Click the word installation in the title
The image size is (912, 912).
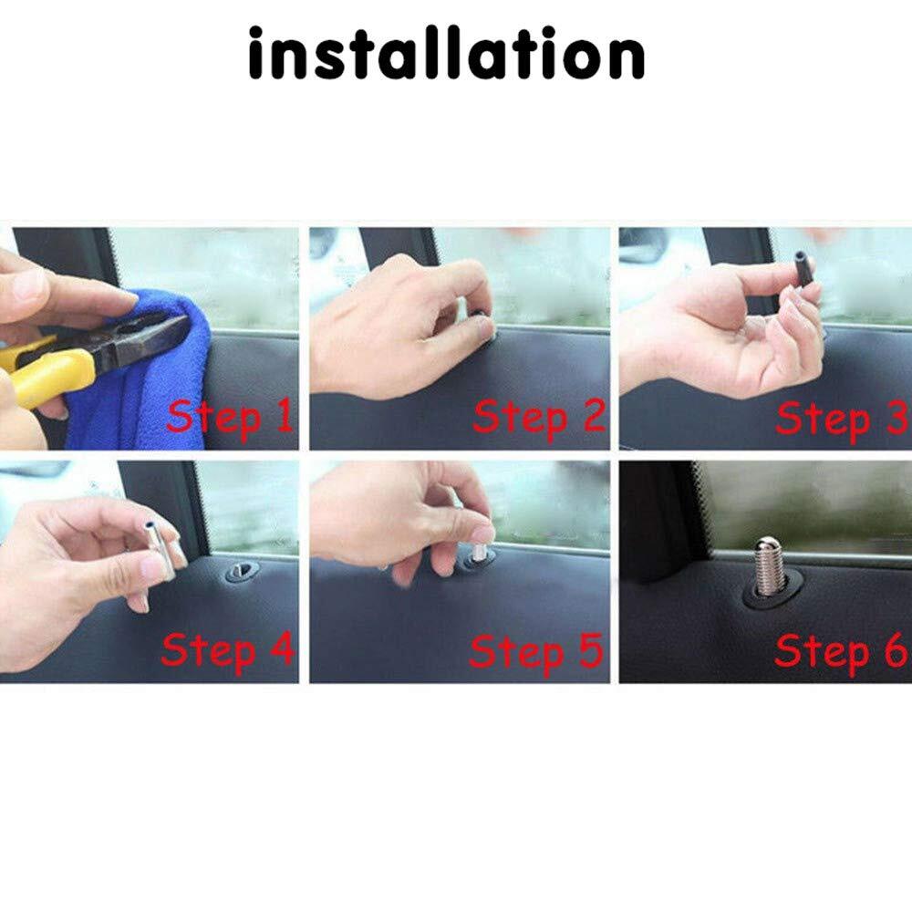click(x=446, y=54)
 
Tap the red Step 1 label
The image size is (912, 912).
click(x=231, y=417)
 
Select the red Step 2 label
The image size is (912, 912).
click(x=539, y=418)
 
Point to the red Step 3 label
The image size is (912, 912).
click(x=842, y=419)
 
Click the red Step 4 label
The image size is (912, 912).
click(x=228, y=649)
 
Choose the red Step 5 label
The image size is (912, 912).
click(x=536, y=651)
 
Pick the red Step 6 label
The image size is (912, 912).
click(x=841, y=651)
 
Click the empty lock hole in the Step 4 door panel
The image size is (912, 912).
click(x=242, y=572)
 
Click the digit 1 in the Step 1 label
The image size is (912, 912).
click(x=285, y=414)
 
